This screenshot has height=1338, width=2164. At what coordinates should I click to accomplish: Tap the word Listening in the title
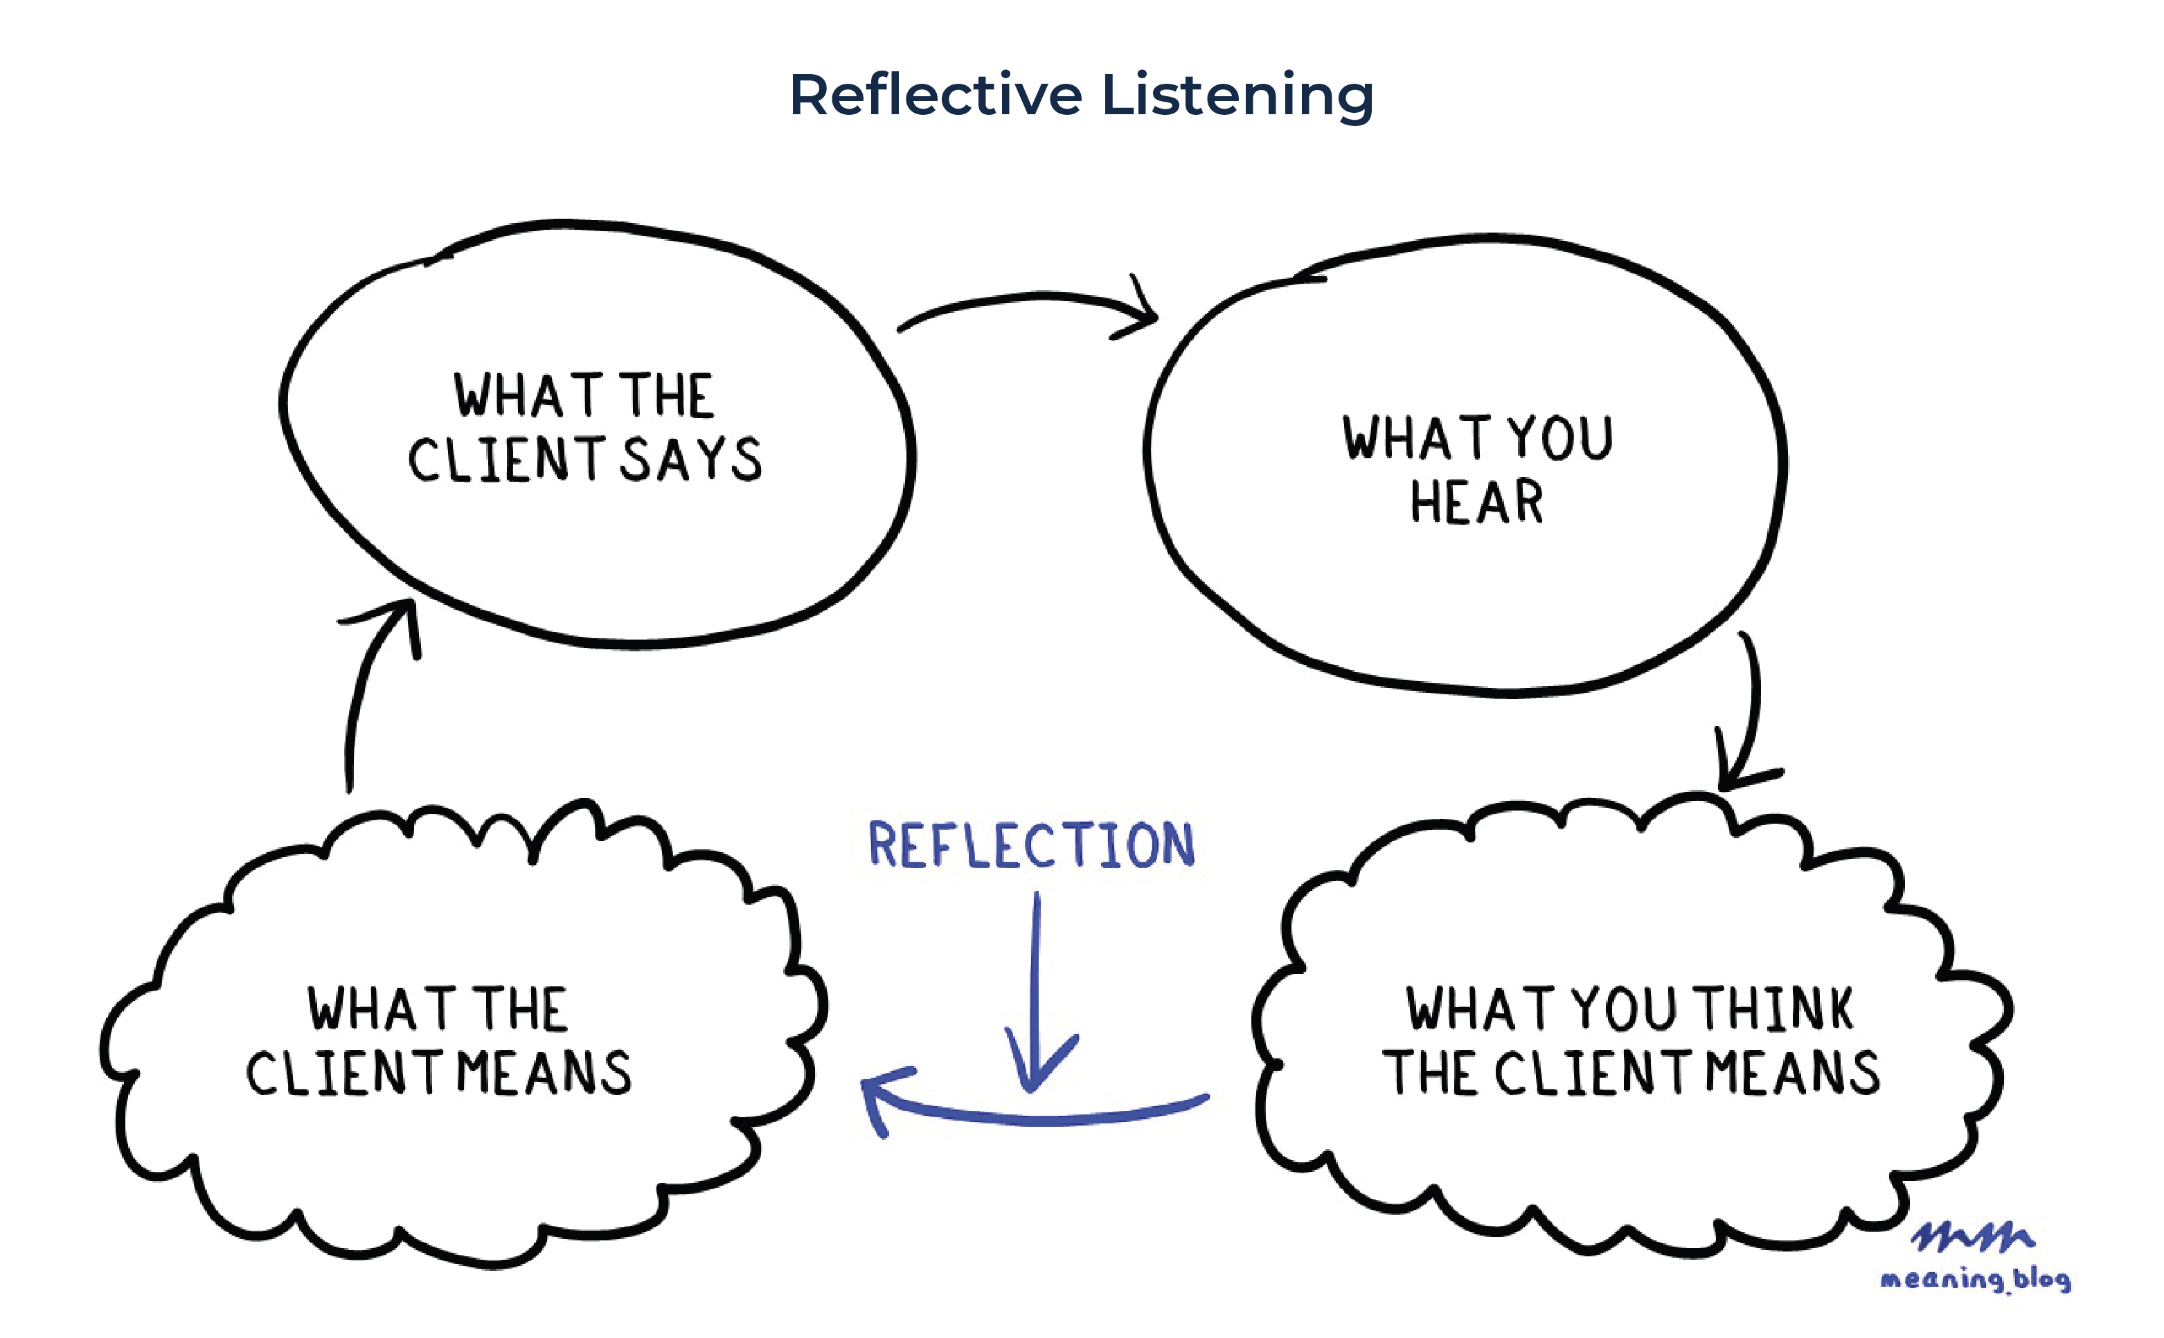pos(1238,96)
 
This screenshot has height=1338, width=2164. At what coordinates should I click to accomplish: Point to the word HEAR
pos(1476,502)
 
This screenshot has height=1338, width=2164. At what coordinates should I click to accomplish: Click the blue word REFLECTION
pos(1031,844)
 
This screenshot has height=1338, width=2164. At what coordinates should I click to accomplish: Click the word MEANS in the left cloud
pos(544,1074)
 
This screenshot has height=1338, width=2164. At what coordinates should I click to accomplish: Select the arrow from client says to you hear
pos(1027,298)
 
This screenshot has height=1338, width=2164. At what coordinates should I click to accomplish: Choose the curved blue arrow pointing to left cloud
pos(1035,1119)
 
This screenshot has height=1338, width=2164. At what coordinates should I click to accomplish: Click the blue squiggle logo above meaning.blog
pos(1972,1237)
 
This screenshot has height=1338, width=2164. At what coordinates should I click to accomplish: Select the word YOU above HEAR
pos(1560,438)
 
